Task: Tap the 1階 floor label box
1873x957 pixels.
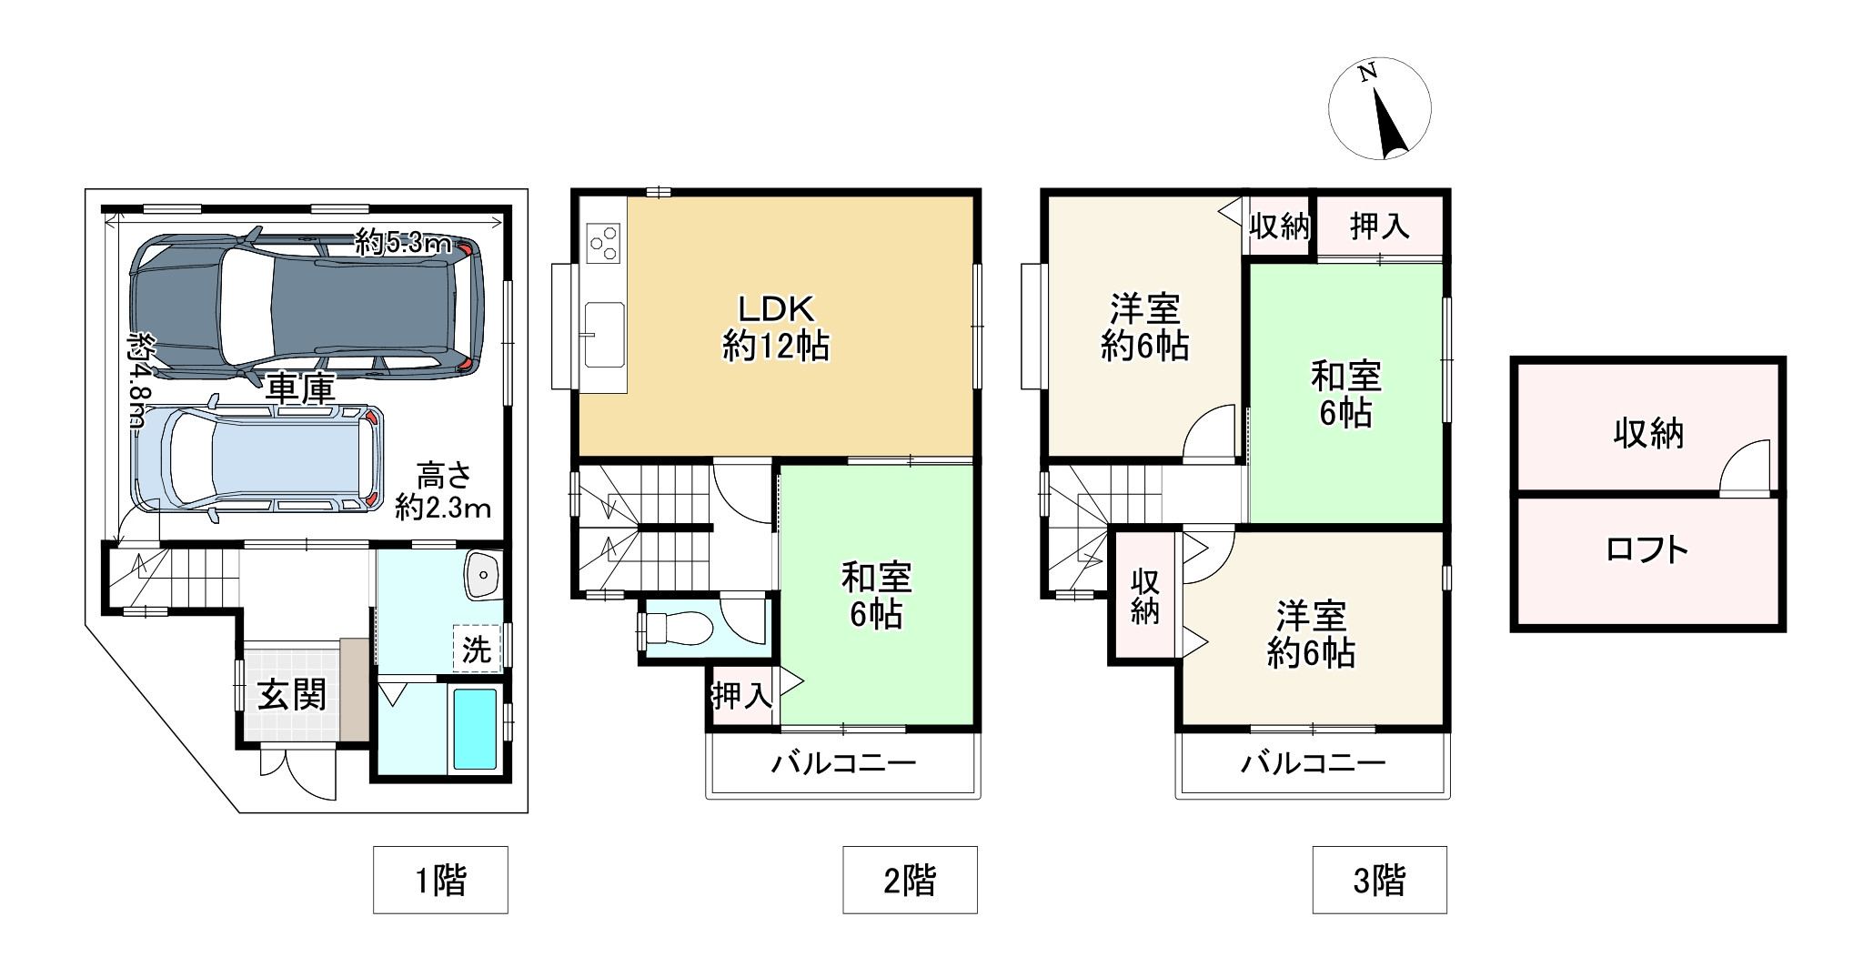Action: [440, 880]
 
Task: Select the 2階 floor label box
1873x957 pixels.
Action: [910, 880]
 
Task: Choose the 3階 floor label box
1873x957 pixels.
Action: [1379, 880]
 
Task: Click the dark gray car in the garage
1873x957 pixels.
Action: [305, 305]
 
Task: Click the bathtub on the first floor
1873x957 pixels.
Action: [475, 729]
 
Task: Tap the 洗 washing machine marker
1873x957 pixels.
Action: [477, 649]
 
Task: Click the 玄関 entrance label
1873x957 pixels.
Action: [291, 696]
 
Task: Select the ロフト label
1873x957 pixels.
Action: [1647, 549]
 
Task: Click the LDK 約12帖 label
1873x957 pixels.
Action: [776, 328]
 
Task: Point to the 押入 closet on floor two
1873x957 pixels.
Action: [741, 696]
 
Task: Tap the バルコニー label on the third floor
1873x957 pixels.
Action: [1313, 762]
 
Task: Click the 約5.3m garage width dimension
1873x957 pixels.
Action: [403, 243]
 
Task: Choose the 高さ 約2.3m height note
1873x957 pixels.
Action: [443, 490]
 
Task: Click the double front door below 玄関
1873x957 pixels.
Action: [298, 773]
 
